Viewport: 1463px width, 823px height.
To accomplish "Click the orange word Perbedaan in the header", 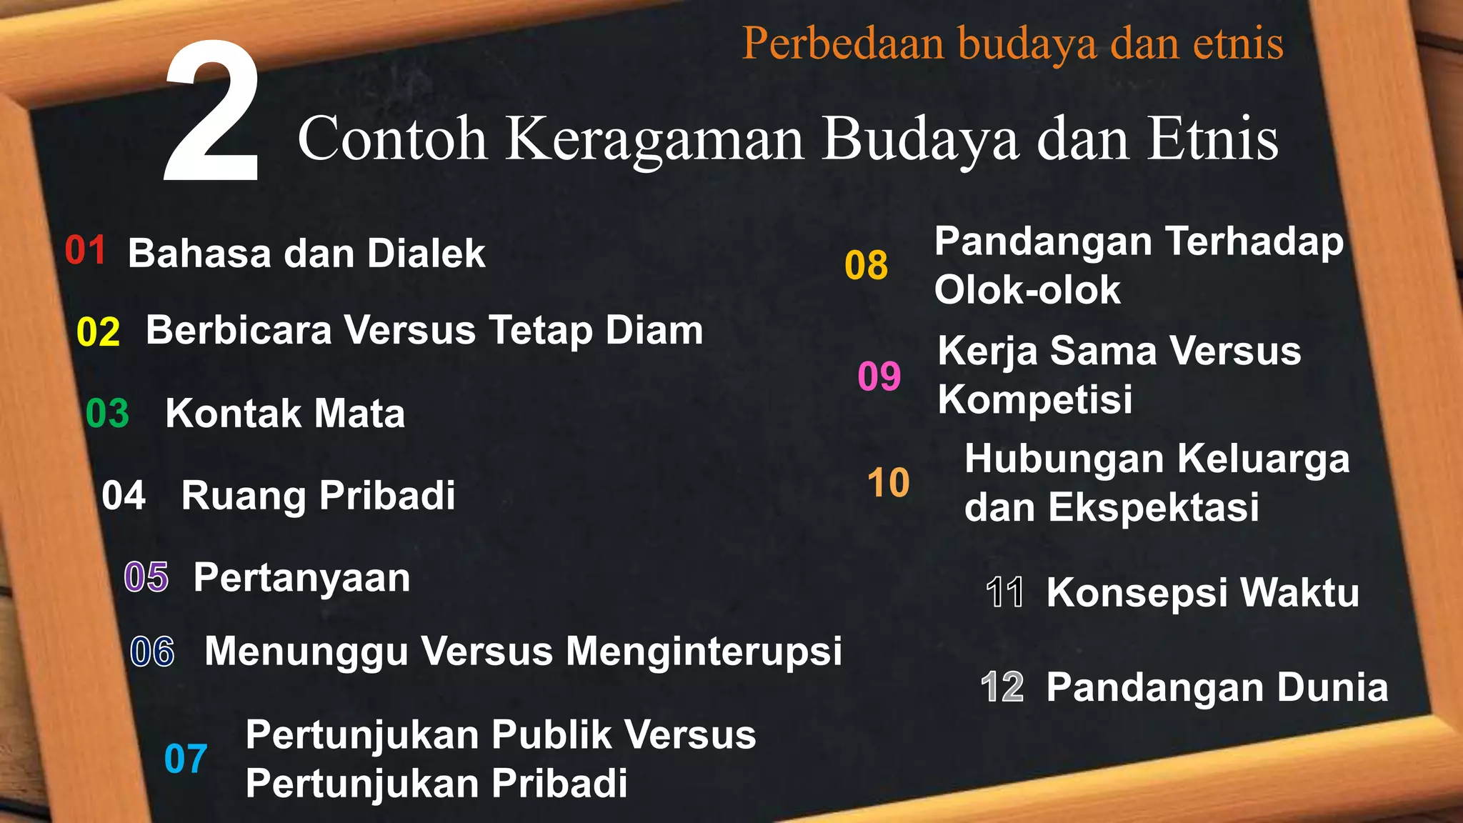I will click(844, 44).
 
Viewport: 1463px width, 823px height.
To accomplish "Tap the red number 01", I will click(86, 251).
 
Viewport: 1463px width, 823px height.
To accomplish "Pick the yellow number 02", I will click(99, 333).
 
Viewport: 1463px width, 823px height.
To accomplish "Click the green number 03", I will click(108, 414).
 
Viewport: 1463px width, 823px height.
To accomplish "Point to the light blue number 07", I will click(186, 759).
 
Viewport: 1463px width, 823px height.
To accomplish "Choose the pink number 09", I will click(879, 376).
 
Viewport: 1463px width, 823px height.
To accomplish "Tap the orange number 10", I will click(888, 483).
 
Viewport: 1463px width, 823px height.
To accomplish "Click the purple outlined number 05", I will click(146, 577).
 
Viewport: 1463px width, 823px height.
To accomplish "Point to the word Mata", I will click(359, 414).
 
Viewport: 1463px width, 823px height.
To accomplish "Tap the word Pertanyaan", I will click(301, 578).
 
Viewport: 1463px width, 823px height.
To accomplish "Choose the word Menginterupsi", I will click(704, 652).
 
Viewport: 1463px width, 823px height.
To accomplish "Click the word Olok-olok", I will click(1027, 290).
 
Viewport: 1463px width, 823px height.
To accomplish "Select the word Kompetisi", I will click(1035, 399).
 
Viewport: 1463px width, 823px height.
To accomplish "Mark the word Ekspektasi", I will click(1153, 508).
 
